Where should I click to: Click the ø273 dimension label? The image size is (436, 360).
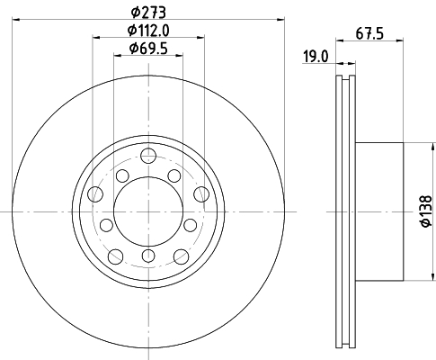pyautogui.click(x=148, y=13)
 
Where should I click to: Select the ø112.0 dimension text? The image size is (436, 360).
pyautogui.click(x=148, y=31)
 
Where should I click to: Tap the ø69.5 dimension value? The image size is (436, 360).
pyautogui.click(x=148, y=49)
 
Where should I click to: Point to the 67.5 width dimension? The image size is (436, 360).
pyautogui.click(x=369, y=33)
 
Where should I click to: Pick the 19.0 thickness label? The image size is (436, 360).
pyautogui.click(x=316, y=57)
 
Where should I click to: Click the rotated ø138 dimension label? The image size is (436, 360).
pyautogui.click(x=426, y=211)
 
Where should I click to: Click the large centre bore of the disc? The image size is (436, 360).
pyautogui.click(x=148, y=211)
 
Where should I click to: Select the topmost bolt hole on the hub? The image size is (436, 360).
pyautogui.click(x=148, y=156)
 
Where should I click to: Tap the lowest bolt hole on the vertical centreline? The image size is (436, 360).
pyautogui.click(x=148, y=256)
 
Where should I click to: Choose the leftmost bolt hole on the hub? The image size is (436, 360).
pyautogui.click(x=95, y=193)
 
